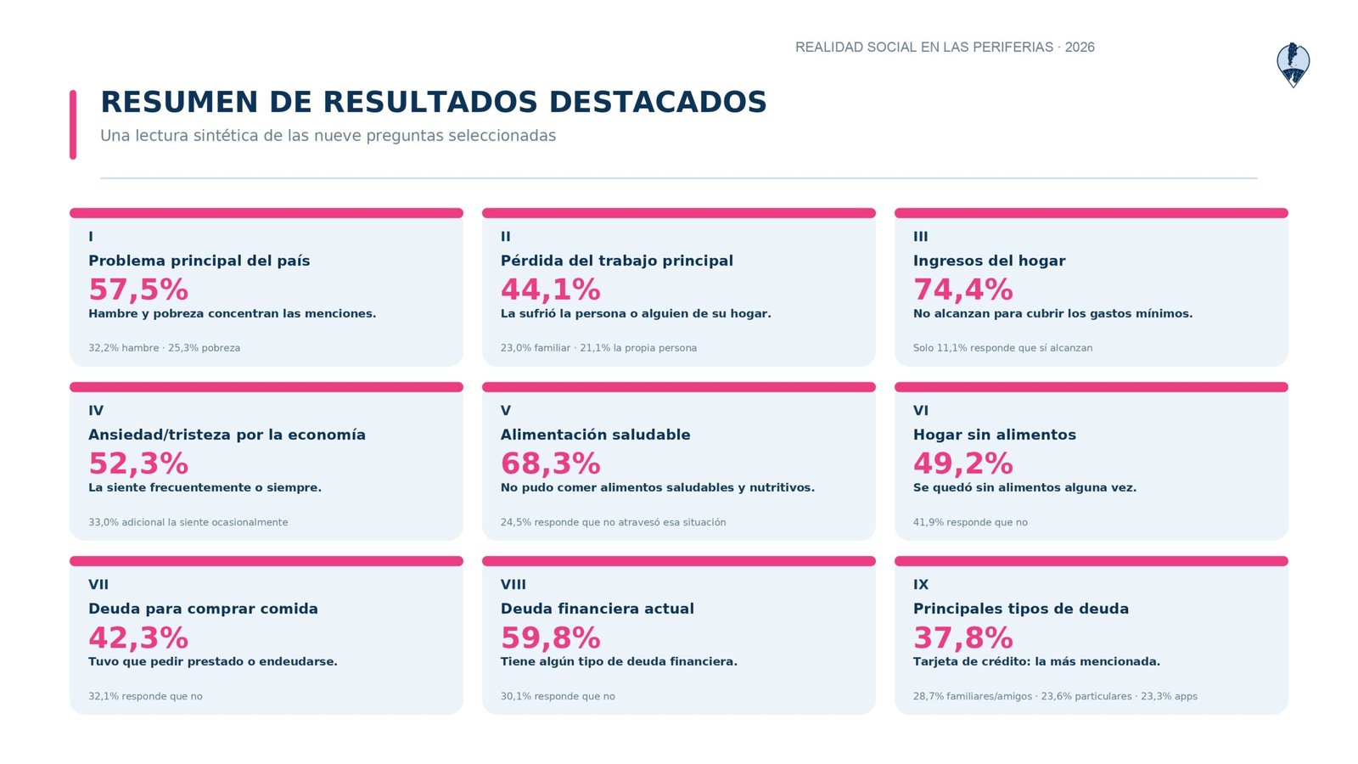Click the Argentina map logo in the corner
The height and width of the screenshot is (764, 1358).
tap(1293, 65)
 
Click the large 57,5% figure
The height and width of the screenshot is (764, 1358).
tap(138, 289)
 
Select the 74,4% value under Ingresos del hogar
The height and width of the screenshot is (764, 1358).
tap(962, 289)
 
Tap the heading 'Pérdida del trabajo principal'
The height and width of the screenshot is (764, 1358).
tap(616, 261)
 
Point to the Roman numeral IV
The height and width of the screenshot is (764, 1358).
tap(96, 411)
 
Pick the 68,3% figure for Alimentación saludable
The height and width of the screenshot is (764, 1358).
tap(551, 463)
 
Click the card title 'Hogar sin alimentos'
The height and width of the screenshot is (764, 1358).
tap(994, 435)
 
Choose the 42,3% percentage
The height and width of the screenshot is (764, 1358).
tap(138, 638)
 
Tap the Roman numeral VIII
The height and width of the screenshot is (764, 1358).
tap(513, 585)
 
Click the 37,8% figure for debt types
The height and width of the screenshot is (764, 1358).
tap(962, 638)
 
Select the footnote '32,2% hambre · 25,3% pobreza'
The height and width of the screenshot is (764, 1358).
tap(165, 348)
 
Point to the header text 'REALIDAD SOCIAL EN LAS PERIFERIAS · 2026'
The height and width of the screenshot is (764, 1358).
tap(945, 48)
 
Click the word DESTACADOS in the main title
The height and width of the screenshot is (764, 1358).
tap(658, 102)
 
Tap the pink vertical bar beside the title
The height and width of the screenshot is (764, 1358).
tap(73, 125)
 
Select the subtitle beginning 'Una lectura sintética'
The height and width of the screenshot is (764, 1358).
tap(328, 136)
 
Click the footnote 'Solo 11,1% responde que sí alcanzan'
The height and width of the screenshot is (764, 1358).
tap(1002, 348)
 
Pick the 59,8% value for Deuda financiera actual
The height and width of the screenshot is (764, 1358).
tap(551, 638)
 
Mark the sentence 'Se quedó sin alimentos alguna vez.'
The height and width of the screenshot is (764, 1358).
tap(1024, 487)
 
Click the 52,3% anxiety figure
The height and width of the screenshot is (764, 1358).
tap(138, 463)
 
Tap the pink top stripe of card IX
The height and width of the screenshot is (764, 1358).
tap(1091, 561)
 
